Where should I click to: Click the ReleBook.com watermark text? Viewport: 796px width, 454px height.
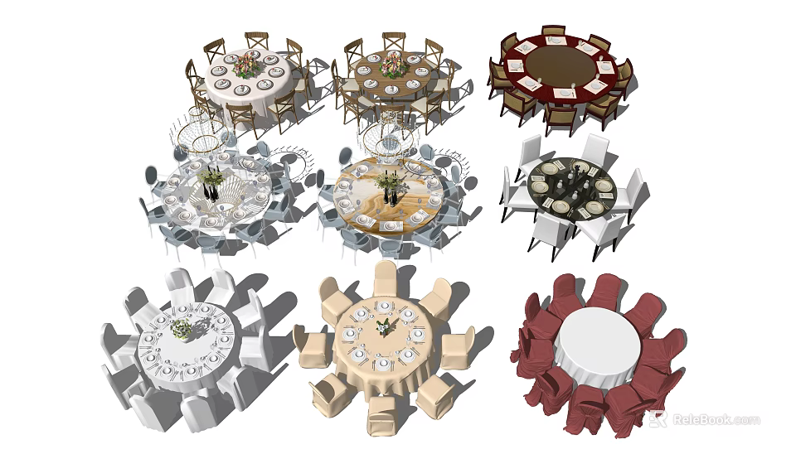coord(715,419)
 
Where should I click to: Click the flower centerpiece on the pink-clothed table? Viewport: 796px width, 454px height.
coord(246,65)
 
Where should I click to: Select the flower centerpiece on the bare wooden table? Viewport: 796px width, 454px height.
coord(394,65)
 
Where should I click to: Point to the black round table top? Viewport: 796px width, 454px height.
coord(571,188)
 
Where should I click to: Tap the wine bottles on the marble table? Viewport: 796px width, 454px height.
coord(390,196)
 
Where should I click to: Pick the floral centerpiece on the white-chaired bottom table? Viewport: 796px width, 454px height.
coord(181,329)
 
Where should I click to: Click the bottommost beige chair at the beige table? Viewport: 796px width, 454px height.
coord(381,413)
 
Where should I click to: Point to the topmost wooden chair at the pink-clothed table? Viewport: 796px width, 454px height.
coord(256,41)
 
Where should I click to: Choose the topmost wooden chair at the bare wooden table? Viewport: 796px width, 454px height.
coord(394,41)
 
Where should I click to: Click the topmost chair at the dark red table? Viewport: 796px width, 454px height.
coord(553,32)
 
